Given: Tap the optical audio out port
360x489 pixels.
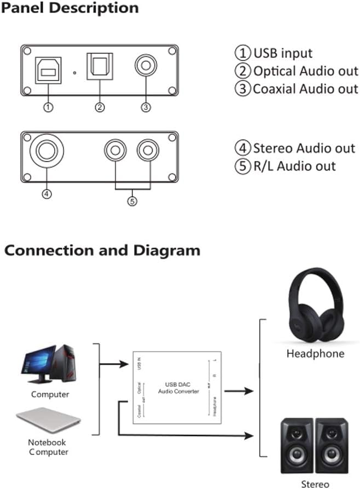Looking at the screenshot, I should [x=100, y=67].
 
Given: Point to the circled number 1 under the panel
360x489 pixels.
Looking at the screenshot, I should [x=48, y=107].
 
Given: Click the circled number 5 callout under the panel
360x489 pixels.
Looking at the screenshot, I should [x=132, y=201].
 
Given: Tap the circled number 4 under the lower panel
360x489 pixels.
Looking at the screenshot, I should [x=47, y=193].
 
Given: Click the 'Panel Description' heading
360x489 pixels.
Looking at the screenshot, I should [x=71, y=8].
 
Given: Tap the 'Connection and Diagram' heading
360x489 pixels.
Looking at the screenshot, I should [x=102, y=251].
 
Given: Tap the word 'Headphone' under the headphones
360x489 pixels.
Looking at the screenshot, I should [x=315, y=354].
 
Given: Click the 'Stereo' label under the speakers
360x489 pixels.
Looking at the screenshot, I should [x=316, y=484].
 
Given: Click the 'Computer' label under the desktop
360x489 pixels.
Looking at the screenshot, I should [x=50, y=394].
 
